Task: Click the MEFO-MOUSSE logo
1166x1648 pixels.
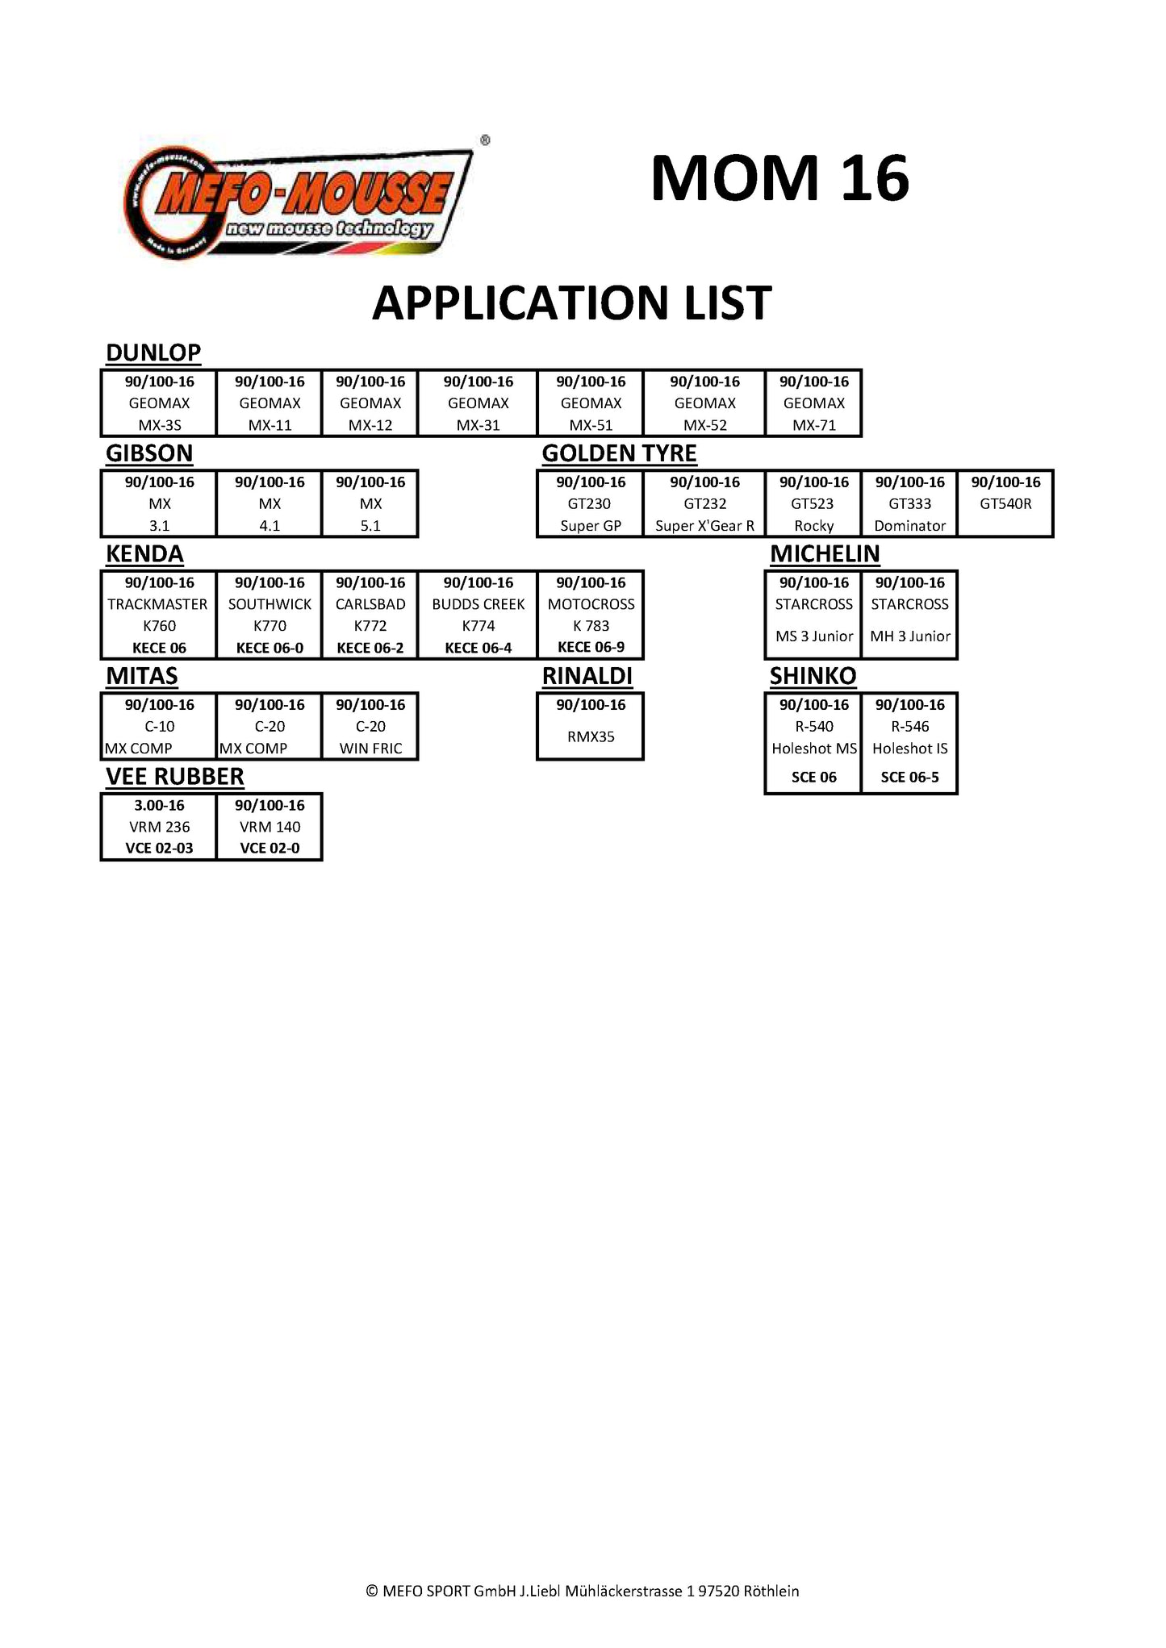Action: click(299, 202)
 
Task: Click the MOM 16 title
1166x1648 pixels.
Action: click(779, 178)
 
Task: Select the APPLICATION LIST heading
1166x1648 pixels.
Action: click(571, 303)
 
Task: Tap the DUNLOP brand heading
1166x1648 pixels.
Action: click(153, 353)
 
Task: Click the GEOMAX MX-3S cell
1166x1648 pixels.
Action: click(159, 403)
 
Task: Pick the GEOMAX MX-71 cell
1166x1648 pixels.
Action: click(813, 403)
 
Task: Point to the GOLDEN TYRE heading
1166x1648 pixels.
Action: click(619, 453)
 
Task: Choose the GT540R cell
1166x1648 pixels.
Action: click(1005, 504)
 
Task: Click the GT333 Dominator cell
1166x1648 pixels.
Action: click(909, 504)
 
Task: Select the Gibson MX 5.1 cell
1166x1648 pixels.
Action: click(370, 504)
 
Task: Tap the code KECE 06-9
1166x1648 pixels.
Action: click(591, 647)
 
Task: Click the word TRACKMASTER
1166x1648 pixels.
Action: click(157, 604)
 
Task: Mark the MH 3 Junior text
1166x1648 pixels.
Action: click(909, 636)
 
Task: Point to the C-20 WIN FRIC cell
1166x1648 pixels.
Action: click(370, 727)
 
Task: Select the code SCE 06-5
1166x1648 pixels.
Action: click(909, 778)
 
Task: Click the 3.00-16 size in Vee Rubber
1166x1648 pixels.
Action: click(159, 805)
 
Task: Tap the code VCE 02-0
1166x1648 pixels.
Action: click(270, 848)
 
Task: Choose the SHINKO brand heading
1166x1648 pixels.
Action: click(813, 676)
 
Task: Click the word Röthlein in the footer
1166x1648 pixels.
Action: click(771, 1591)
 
